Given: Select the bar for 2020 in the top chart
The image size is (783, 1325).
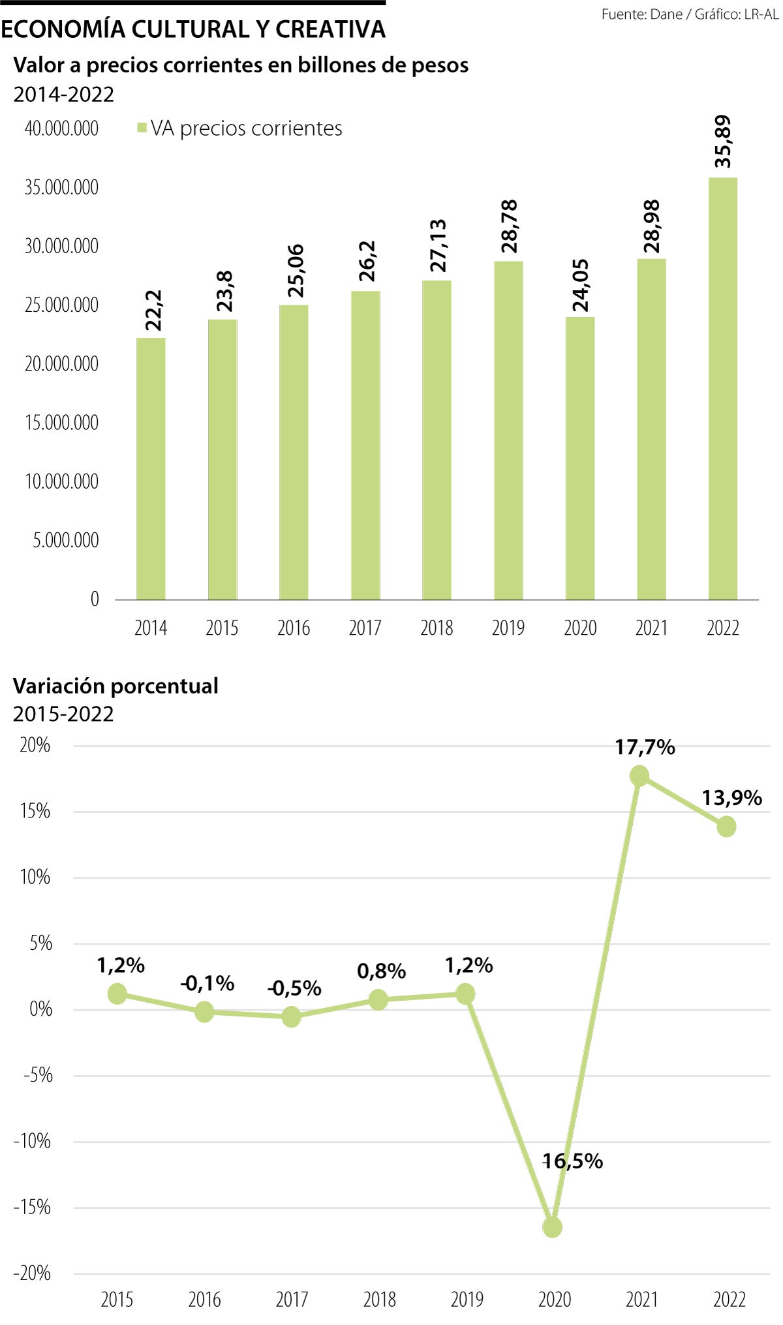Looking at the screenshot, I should [579, 458].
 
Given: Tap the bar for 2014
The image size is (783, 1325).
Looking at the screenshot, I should [151, 468].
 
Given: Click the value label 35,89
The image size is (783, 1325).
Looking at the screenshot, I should [723, 142].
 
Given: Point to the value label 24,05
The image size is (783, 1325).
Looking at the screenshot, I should [580, 285].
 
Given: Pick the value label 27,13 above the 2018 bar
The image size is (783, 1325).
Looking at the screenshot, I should [437, 246].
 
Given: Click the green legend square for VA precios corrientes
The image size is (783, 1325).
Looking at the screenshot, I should [142, 129].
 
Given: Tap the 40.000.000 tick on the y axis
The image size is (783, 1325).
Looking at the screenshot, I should [61, 129].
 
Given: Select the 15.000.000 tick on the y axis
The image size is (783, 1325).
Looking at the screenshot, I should [61, 423].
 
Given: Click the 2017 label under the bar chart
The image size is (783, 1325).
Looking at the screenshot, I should [365, 628].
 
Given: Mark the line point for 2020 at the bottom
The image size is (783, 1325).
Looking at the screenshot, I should [552, 1227].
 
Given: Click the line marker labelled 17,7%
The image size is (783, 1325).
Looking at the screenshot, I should [639, 776].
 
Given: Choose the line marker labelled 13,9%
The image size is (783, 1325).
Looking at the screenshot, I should [726, 827].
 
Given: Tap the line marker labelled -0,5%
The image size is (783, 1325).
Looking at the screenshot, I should [291, 1016].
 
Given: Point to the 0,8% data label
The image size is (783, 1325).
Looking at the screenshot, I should [381, 971].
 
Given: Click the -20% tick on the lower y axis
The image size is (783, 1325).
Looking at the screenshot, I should [33, 1273].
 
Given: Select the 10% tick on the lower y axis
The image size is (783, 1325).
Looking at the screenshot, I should [35, 877].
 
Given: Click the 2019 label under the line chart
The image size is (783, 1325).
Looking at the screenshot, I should [467, 1300].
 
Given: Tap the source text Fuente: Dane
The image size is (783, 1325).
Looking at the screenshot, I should [642, 14].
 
